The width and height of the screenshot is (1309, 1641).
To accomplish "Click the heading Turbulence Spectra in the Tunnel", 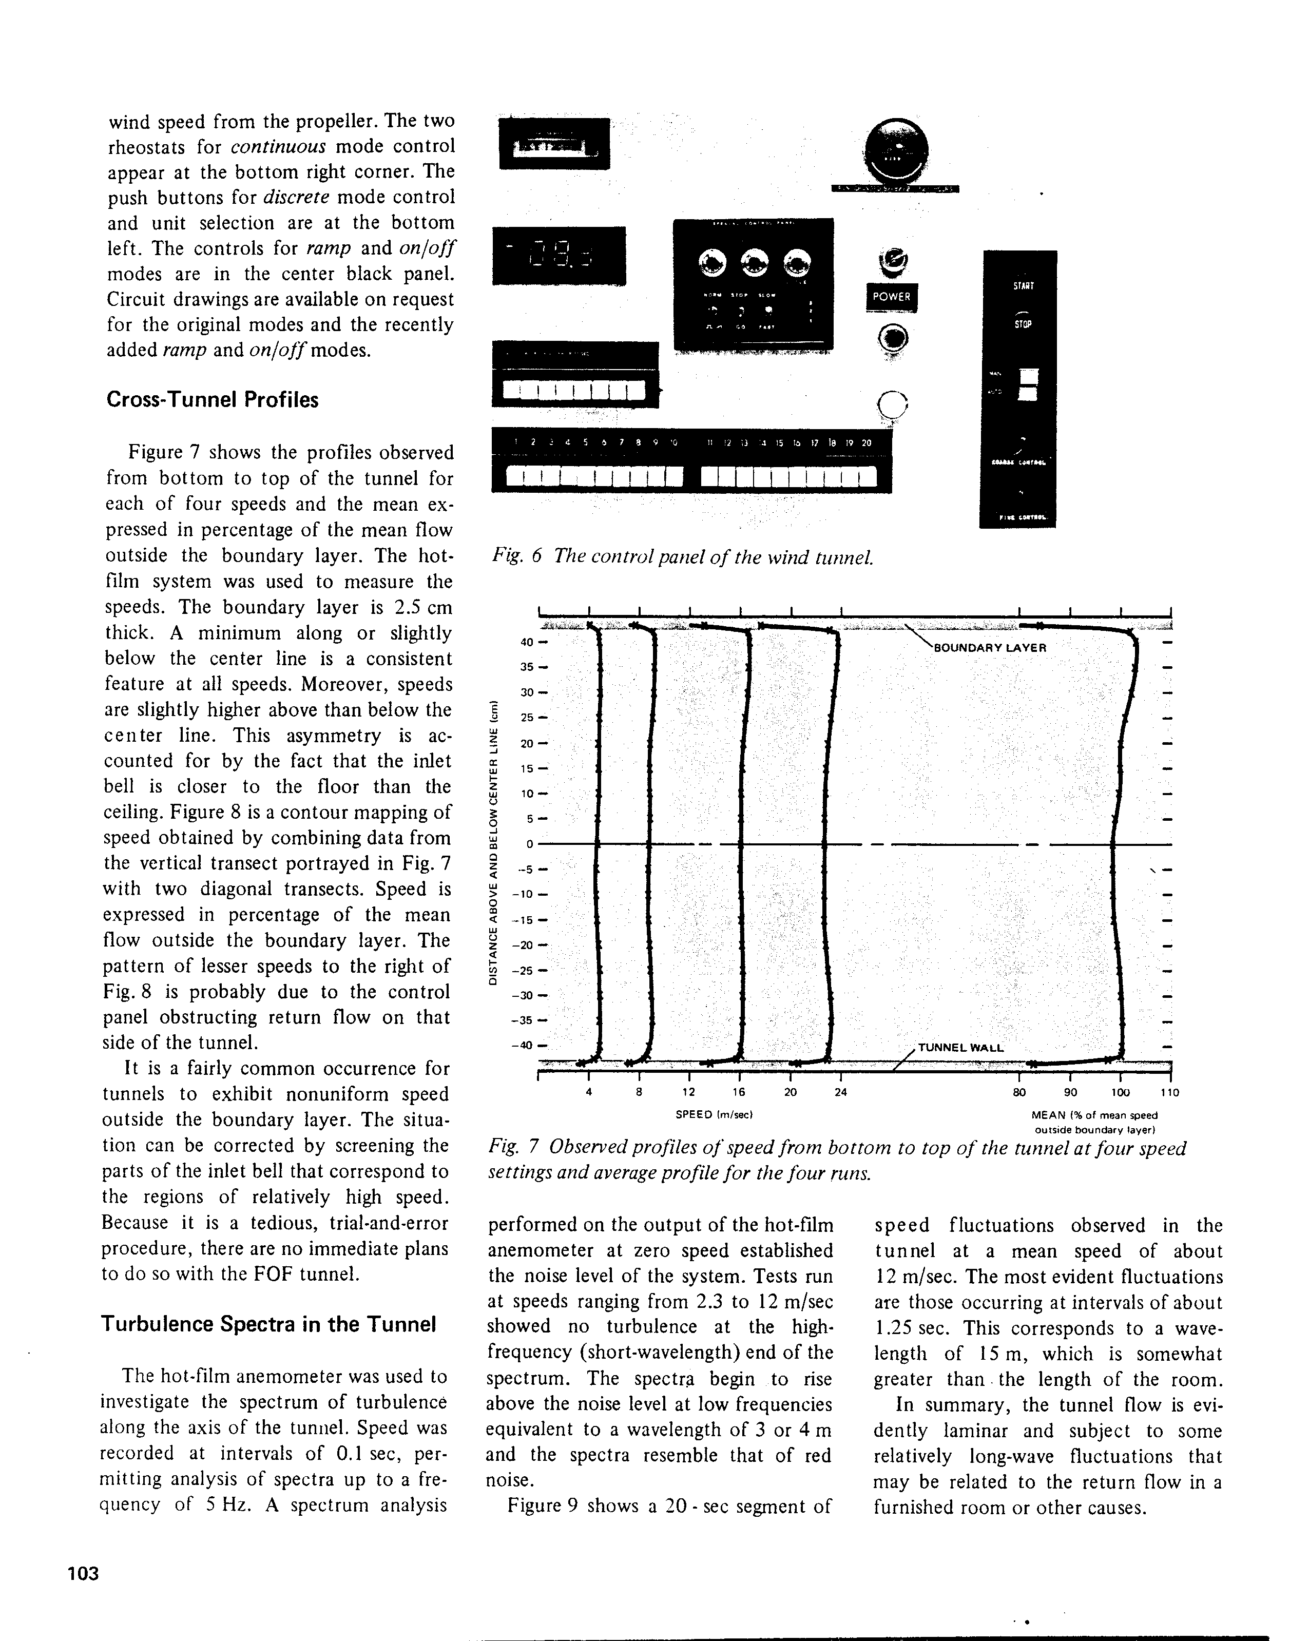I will pos(268,1324).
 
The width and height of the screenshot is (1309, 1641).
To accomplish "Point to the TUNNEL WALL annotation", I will pos(960,1047).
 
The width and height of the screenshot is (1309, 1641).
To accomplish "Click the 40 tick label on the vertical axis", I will pos(527,642).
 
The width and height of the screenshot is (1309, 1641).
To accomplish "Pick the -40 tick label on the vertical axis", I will pos(524,1045).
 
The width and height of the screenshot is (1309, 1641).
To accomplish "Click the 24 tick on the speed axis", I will pos(840,1092).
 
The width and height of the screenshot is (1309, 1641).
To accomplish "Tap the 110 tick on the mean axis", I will pos(1170,1092).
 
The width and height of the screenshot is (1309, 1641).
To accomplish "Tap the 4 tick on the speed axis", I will pos(588,1092).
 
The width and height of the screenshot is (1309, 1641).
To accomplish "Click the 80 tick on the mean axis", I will pos(1018,1092).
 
